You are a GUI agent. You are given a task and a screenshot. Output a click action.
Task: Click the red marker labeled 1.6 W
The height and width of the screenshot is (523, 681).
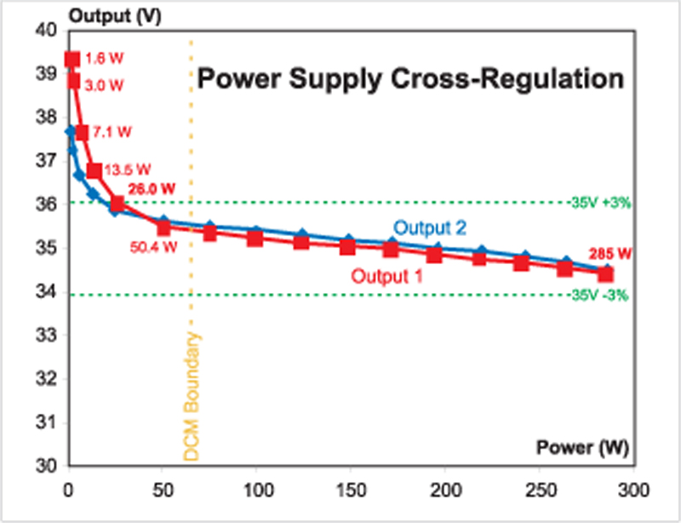72,60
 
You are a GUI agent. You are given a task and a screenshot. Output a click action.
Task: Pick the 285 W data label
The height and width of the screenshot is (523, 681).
608,253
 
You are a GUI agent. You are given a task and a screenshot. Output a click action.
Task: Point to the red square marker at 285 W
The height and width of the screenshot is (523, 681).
606,273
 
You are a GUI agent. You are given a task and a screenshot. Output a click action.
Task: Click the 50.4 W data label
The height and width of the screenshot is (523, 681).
153,248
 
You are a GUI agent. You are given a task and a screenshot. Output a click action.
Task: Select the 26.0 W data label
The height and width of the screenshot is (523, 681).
152,188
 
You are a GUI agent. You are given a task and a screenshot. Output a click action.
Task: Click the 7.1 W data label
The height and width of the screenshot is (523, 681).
113,132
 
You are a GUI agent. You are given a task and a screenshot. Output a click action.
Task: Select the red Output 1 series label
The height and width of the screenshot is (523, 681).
387,277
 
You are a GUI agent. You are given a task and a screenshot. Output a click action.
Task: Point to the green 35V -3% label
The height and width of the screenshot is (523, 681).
602,296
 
